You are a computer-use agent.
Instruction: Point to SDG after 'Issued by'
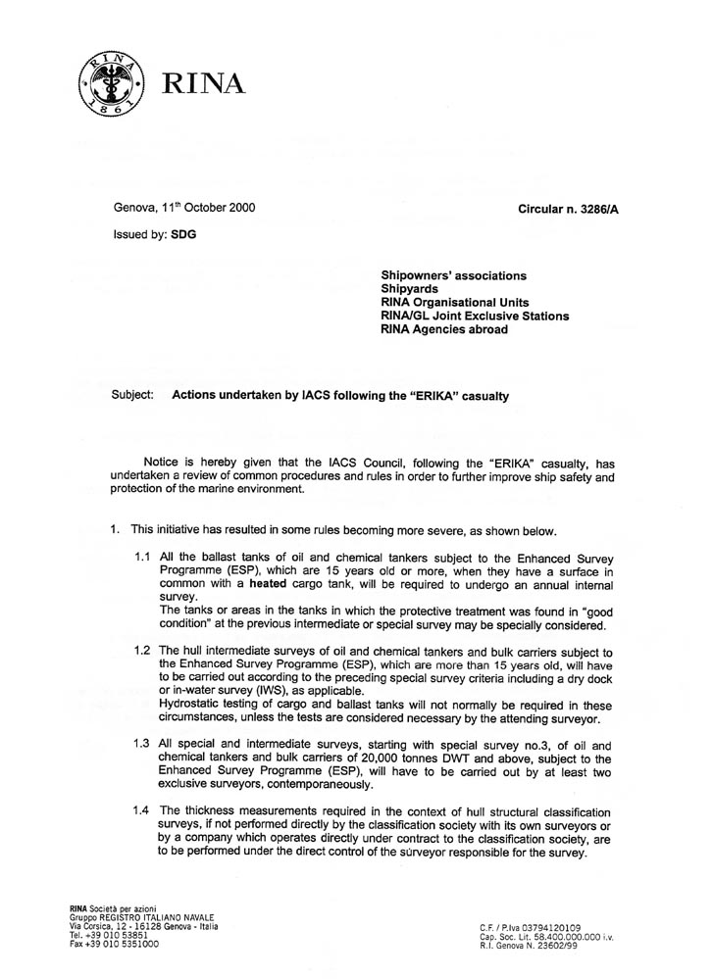(x=182, y=235)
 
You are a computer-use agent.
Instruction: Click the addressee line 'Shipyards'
(x=413, y=289)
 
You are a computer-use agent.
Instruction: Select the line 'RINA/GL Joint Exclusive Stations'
(x=475, y=317)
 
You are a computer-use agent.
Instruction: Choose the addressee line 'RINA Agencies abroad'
(x=444, y=330)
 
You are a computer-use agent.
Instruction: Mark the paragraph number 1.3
(x=142, y=744)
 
